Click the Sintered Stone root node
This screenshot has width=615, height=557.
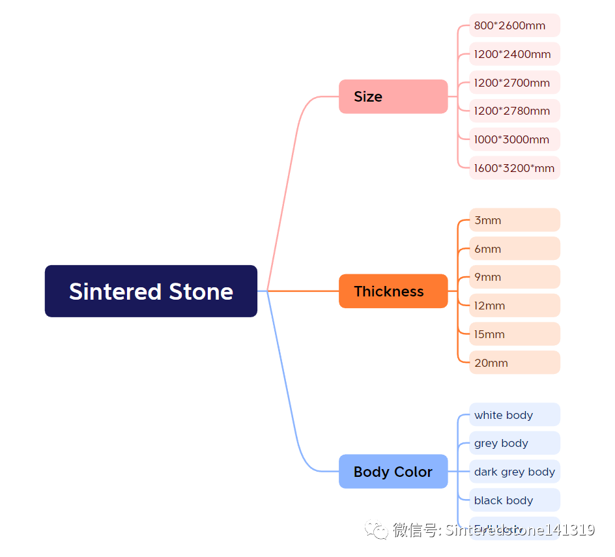click(x=151, y=291)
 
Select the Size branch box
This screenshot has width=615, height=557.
click(x=393, y=96)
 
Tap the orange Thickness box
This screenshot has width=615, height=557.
click(x=393, y=291)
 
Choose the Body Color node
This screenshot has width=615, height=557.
click(x=393, y=472)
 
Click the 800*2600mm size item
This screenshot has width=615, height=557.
click(x=514, y=25)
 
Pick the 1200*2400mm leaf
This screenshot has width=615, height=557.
click(x=514, y=54)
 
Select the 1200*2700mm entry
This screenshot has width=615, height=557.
click(x=514, y=83)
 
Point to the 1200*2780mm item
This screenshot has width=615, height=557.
click(x=514, y=111)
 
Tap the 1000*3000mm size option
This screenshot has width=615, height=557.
click(x=514, y=139)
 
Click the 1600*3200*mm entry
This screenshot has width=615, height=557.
click(x=514, y=168)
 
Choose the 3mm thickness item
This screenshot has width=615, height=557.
click(x=514, y=220)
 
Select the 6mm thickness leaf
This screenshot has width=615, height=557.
click(x=514, y=249)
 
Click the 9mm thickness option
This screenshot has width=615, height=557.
click(x=514, y=277)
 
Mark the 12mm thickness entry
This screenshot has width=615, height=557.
click(x=514, y=306)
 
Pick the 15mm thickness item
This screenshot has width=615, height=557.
click(x=514, y=334)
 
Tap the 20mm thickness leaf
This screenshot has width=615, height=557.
click(x=514, y=363)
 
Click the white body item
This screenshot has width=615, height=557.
click(x=514, y=415)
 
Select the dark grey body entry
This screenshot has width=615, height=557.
click(x=514, y=472)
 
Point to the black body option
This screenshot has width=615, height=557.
click(x=514, y=500)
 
